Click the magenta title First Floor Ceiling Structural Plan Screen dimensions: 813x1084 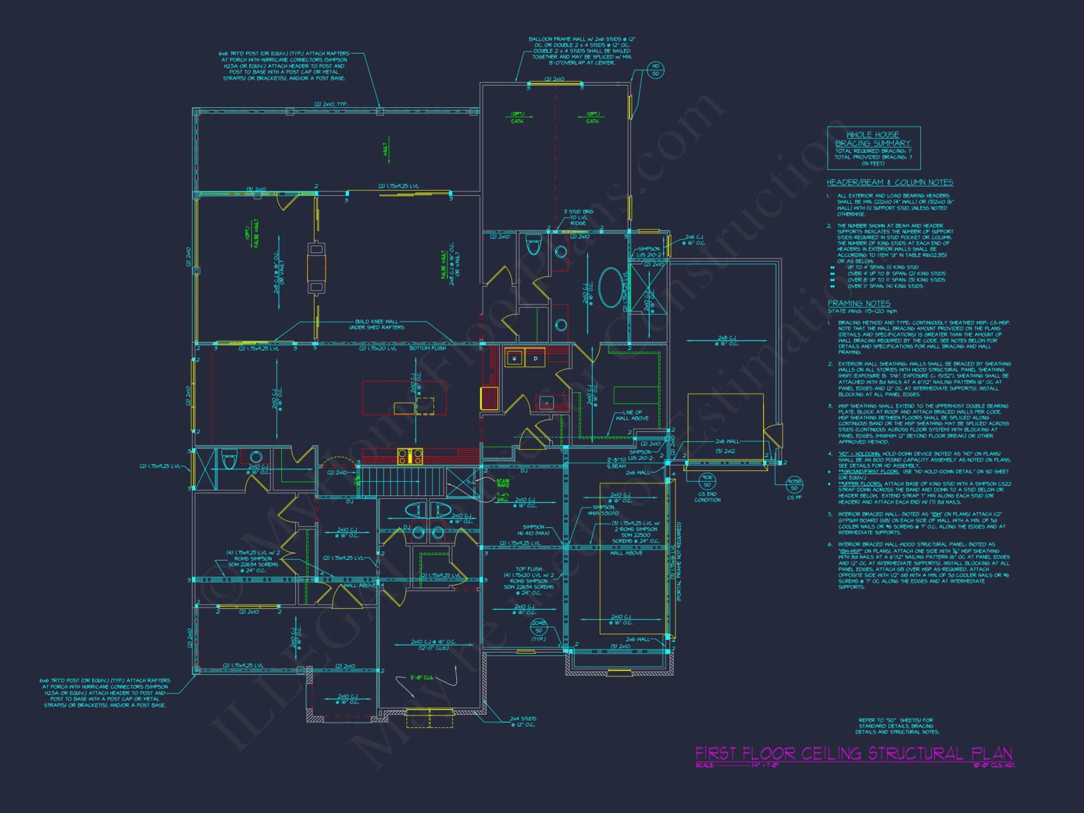coord(854,753)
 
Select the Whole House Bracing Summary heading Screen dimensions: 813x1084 coord(873,139)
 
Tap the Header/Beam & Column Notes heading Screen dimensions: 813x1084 coord(889,183)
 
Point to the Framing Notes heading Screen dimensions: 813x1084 coord(859,304)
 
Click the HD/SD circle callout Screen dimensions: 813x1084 coord(655,70)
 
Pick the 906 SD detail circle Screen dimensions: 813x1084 coord(707,481)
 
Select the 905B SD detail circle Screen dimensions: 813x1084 coord(794,485)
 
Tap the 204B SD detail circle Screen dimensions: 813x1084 coord(539,627)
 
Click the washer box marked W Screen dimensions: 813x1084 coord(514,358)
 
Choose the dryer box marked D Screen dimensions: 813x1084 coord(535,358)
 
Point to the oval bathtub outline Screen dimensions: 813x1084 coord(611,287)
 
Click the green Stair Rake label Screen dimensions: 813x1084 coord(502,482)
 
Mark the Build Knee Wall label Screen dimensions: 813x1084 coord(377,324)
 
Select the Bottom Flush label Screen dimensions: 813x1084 coord(428,349)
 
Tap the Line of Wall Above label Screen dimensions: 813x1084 coord(632,415)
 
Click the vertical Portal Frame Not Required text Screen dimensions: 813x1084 coord(679,561)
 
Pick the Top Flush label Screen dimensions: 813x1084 coord(528,569)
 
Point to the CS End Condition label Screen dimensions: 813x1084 coord(707,497)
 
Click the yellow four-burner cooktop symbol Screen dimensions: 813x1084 coord(410,456)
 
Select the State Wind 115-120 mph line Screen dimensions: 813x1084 coord(862,311)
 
